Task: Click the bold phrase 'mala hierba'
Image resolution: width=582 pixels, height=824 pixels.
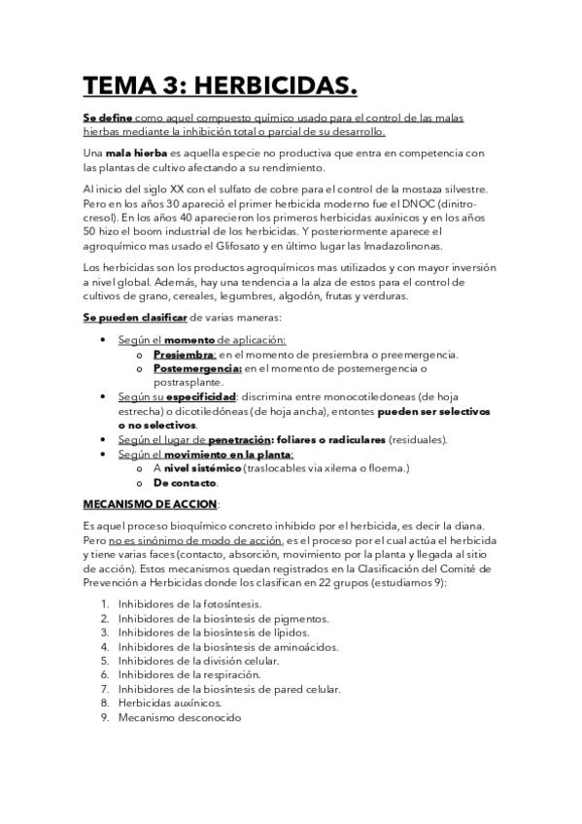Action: [136, 154]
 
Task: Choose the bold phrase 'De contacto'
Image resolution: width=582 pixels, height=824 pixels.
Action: [186, 483]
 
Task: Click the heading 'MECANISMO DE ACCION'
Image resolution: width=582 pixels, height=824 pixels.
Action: [150, 503]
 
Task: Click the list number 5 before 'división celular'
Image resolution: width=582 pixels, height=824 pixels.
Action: [104, 661]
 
